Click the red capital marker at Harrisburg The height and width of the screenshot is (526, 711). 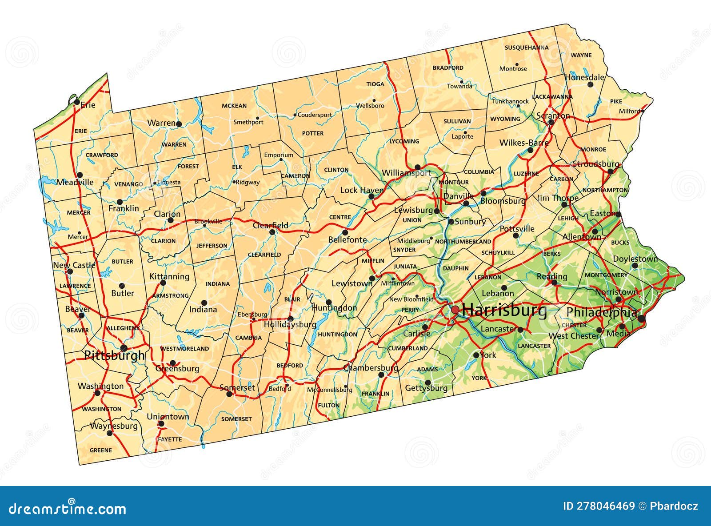click(455, 310)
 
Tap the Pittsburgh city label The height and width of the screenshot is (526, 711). click(114, 355)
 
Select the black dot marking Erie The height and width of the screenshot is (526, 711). click(77, 102)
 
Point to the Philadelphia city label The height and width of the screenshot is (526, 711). click(602, 312)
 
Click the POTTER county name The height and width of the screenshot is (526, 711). click(313, 133)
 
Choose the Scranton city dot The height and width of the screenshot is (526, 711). click(551, 122)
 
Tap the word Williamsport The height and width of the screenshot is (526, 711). click(406, 173)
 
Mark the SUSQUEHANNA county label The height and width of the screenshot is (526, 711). click(527, 48)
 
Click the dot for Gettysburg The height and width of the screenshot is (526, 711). click(428, 382)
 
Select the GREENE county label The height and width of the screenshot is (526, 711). click(101, 450)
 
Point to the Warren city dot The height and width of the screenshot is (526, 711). click(179, 124)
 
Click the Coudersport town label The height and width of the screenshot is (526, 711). click(315, 115)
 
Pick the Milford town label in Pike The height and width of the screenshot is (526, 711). click(630, 111)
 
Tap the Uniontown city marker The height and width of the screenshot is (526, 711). click(161, 423)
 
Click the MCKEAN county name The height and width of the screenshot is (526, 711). click(234, 106)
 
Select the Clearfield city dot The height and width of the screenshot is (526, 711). click(272, 232)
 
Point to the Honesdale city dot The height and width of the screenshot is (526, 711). click(591, 84)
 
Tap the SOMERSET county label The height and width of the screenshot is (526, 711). click(236, 419)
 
